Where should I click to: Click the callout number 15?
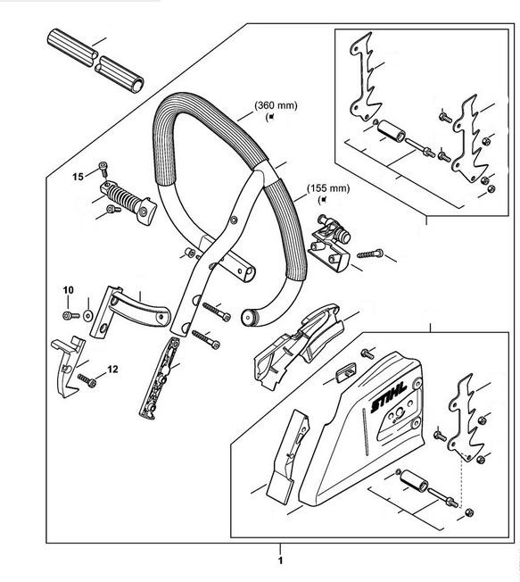coord(78,177)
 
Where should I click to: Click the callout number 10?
coord(69,289)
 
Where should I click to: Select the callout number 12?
coord(112,370)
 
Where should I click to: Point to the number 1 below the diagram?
coord(280,560)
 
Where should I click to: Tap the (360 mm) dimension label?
coord(276,105)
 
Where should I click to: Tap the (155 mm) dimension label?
coord(328,188)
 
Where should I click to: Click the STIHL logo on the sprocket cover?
coord(389,397)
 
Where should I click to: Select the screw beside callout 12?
coord(87,380)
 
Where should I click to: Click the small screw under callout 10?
coord(70,316)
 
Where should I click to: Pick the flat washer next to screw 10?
coord(88,316)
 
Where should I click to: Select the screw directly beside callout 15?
coord(103,169)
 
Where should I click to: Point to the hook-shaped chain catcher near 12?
coord(68,367)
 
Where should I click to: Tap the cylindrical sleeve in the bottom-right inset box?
coord(414,480)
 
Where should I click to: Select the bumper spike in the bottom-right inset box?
coord(462,418)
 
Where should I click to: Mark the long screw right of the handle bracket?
coord(370,254)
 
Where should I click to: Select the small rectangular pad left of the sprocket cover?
coord(345,371)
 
